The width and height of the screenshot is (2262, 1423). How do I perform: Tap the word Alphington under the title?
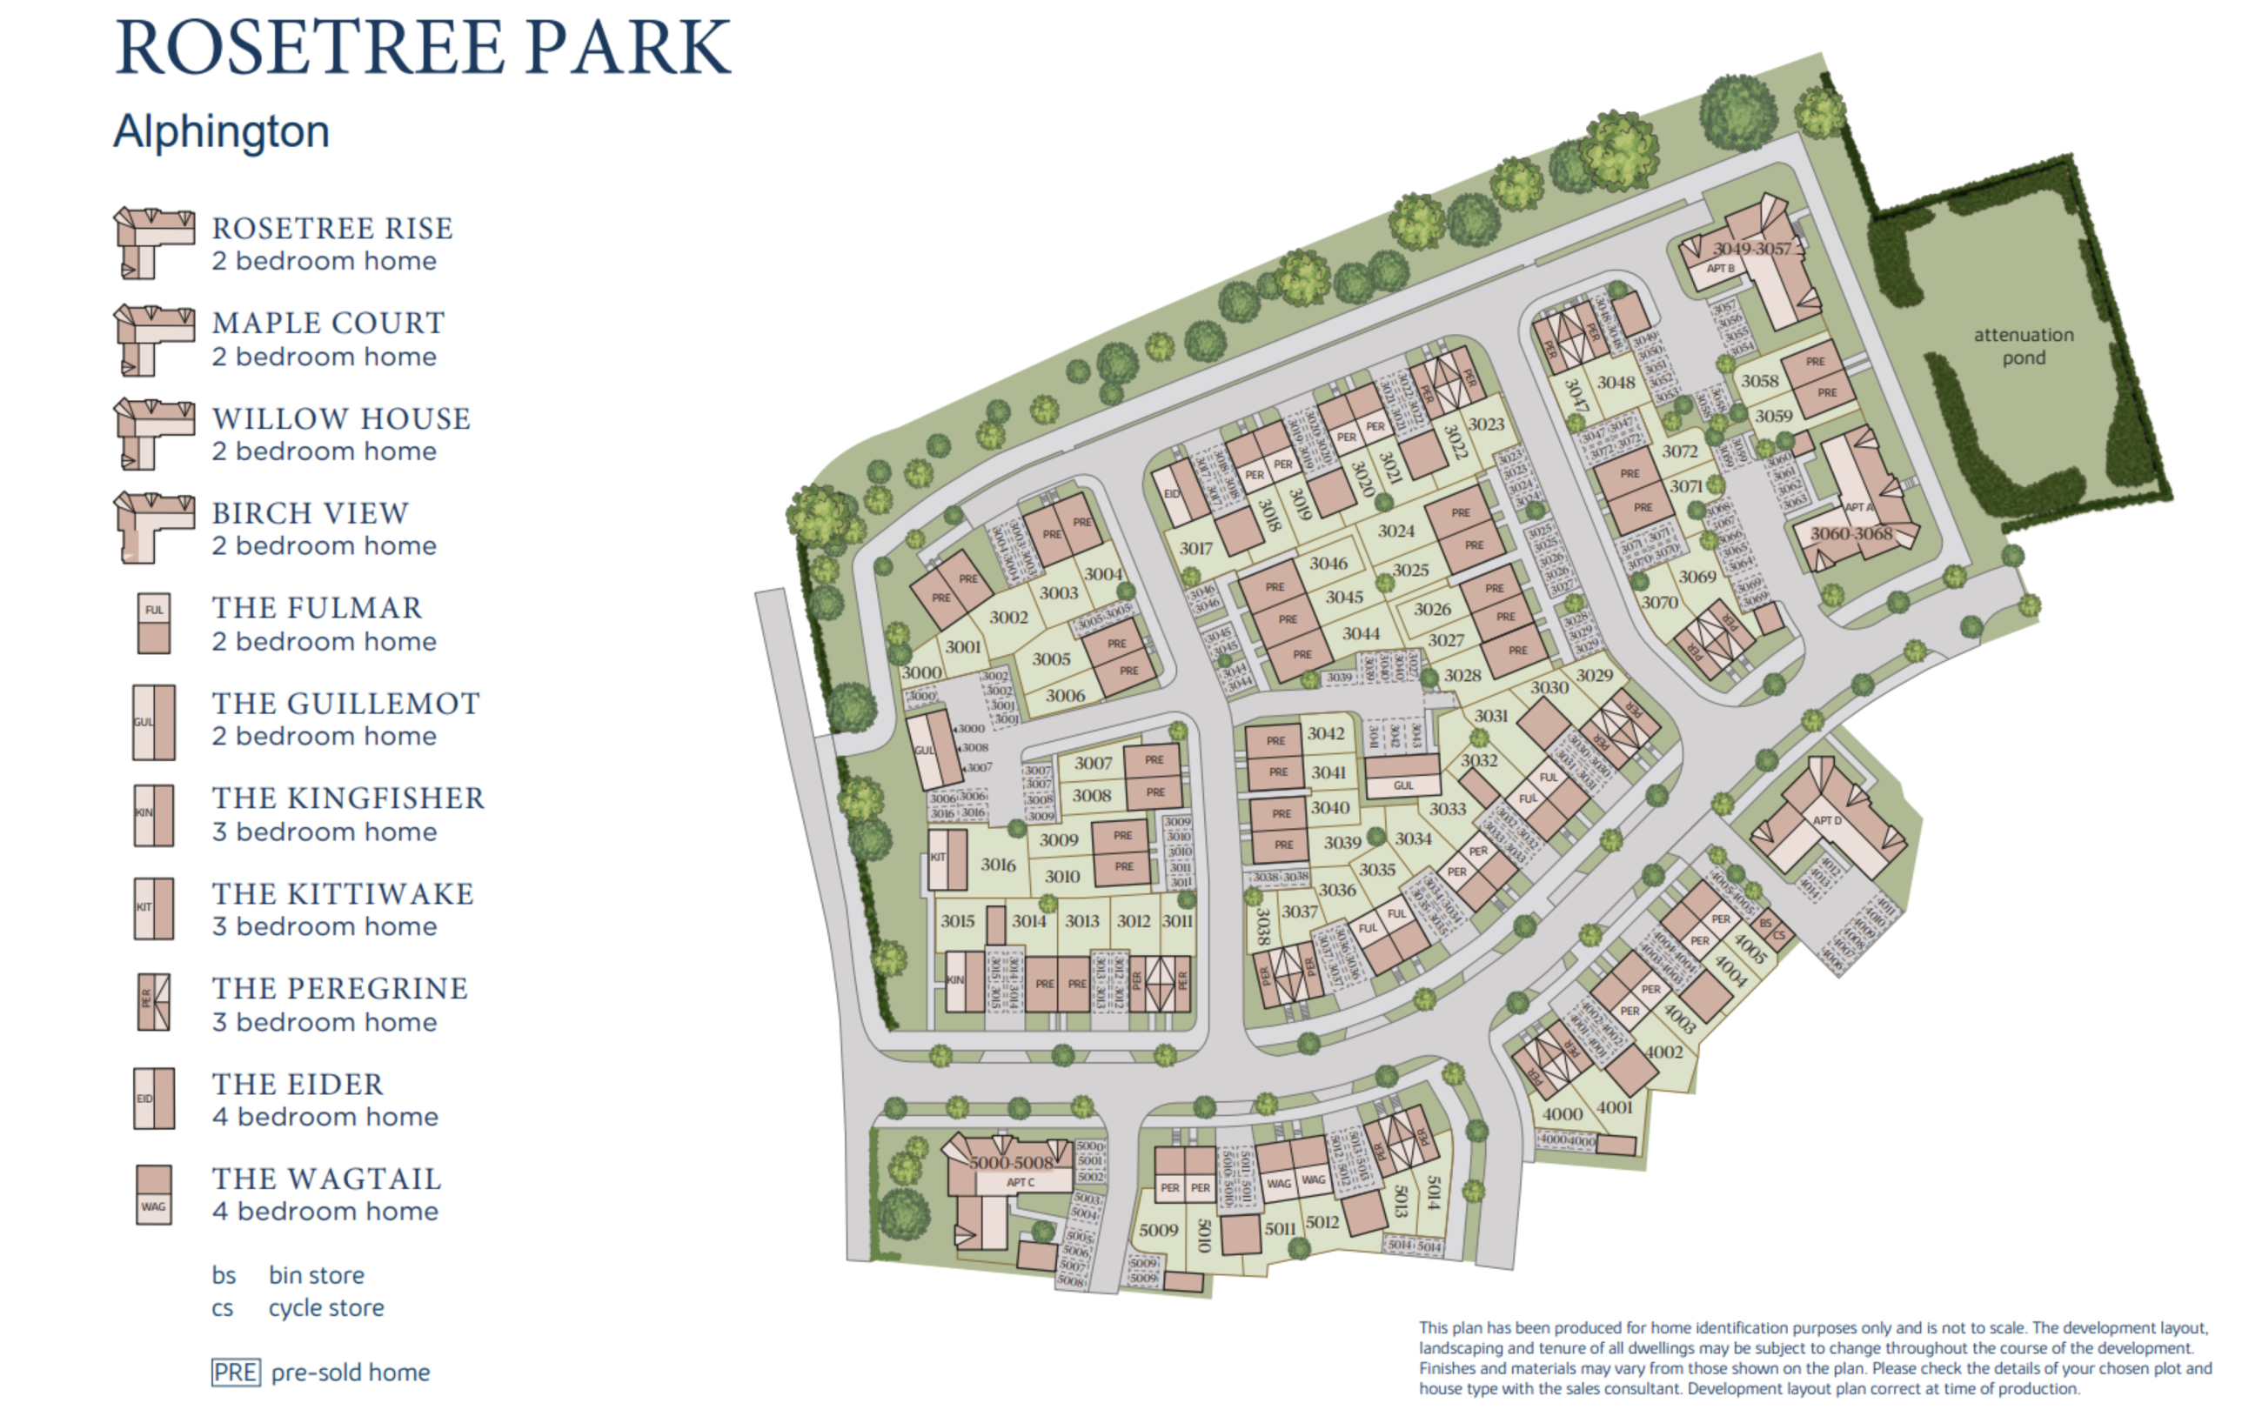pyautogui.click(x=222, y=131)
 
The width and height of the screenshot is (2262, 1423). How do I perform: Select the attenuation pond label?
pyautogui.click(x=2023, y=345)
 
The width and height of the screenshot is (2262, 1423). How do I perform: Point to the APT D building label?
pyautogui.click(x=1827, y=821)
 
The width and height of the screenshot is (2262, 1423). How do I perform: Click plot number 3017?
pyautogui.click(x=1196, y=549)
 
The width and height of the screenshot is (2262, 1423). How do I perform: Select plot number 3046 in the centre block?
pyautogui.click(x=1328, y=564)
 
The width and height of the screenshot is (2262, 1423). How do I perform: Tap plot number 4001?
pyautogui.click(x=1614, y=1107)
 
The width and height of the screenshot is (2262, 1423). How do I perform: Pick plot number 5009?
pyautogui.click(x=1158, y=1231)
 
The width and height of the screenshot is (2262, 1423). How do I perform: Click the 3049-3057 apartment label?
pyautogui.click(x=1752, y=249)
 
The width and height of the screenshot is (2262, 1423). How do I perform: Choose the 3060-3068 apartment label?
pyautogui.click(x=1851, y=533)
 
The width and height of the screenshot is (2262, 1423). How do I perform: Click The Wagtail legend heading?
pyautogui.click(x=326, y=1179)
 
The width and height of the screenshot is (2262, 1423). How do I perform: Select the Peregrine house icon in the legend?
pyautogui.click(x=154, y=1002)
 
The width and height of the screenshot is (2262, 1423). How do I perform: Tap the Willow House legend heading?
pyautogui.click(x=341, y=419)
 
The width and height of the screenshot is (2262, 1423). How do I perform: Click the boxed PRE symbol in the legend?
pyautogui.click(x=235, y=1373)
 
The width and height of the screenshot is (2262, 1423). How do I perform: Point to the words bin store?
pyautogui.click(x=316, y=1275)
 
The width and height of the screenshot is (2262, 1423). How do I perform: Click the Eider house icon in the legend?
pyautogui.click(x=154, y=1098)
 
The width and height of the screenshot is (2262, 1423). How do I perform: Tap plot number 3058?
pyautogui.click(x=1759, y=381)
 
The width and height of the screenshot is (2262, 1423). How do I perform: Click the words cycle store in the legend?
pyautogui.click(x=326, y=1308)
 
